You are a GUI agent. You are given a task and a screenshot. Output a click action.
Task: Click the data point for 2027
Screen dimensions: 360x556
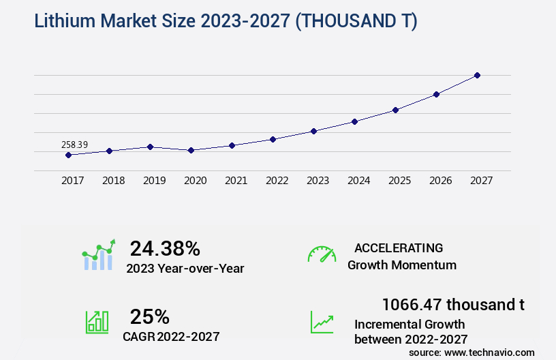click(x=477, y=75)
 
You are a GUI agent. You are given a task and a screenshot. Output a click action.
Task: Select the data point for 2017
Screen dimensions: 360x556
click(x=68, y=155)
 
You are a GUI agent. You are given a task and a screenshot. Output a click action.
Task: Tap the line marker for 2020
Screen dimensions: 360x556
click(x=191, y=150)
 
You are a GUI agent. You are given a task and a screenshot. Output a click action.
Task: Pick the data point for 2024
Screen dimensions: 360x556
click(x=354, y=121)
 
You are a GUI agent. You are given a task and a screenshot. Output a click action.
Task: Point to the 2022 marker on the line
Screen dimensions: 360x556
click(x=273, y=139)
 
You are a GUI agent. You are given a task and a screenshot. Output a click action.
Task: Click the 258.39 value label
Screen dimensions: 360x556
click(x=74, y=145)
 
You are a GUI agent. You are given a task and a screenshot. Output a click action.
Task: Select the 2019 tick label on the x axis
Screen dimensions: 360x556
click(x=155, y=181)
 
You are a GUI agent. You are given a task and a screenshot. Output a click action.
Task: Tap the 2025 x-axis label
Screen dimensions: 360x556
click(x=400, y=181)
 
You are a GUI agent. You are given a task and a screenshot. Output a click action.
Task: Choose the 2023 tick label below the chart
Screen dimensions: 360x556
click(x=318, y=181)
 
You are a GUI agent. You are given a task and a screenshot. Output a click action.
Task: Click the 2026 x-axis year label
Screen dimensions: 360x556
click(x=441, y=181)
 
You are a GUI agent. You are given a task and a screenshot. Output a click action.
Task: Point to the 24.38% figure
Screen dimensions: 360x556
click(x=165, y=248)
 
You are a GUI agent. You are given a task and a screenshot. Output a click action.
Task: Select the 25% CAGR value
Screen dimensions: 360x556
click(x=150, y=316)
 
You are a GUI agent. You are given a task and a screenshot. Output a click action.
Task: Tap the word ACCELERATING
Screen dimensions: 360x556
click(x=399, y=247)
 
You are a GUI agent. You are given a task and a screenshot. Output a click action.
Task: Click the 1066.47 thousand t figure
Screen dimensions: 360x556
click(x=453, y=304)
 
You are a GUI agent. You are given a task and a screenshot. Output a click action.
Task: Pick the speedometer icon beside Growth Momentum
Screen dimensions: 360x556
click(x=322, y=254)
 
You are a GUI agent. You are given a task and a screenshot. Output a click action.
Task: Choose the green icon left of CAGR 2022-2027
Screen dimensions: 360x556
click(x=97, y=322)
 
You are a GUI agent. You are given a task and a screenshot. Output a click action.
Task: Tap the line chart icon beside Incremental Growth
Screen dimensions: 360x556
click(x=322, y=322)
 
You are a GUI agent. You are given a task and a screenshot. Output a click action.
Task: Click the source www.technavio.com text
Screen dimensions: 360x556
click(x=472, y=352)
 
